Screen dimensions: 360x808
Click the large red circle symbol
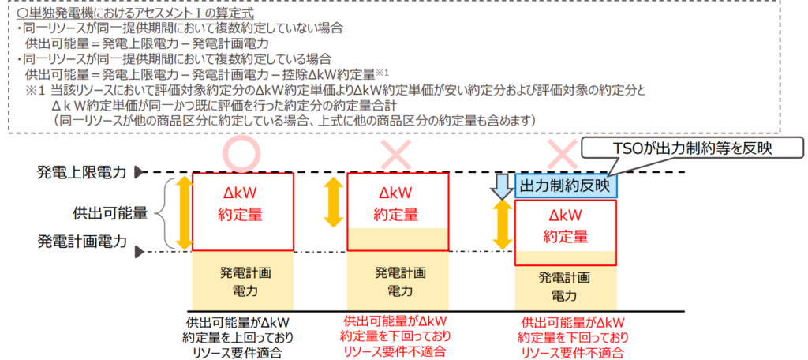(x=242, y=152)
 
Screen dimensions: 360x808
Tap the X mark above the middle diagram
(x=398, y=152)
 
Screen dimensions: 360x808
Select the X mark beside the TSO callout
(x=563, y=153)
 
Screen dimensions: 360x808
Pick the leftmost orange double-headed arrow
(x=182, y=213)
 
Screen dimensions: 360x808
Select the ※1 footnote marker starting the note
(x=36, y=92)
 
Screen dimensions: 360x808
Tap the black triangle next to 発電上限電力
(x=140, y=171)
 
